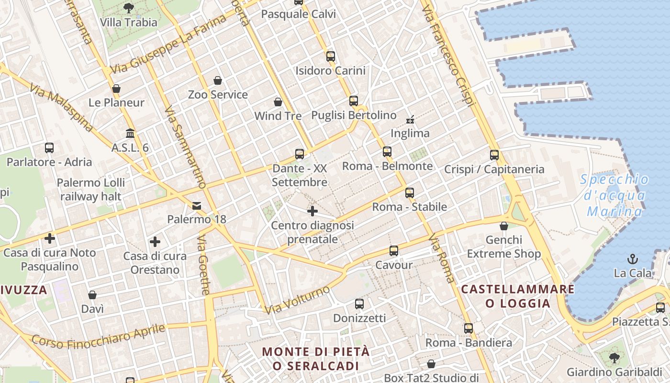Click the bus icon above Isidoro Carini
330,56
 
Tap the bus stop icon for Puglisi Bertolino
354,101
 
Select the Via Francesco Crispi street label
448,53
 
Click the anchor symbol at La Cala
633,259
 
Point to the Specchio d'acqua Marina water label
615,195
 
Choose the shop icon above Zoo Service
218,80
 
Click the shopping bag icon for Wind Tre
278,102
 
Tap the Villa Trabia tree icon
128,8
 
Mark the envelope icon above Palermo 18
197,206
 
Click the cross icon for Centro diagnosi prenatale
313,211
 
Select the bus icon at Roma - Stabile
409,193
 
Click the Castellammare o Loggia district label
517,296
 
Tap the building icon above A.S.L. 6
130,133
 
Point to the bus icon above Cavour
393,251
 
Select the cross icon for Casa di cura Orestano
155,242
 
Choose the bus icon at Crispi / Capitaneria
494,155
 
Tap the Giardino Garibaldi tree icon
614,358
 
